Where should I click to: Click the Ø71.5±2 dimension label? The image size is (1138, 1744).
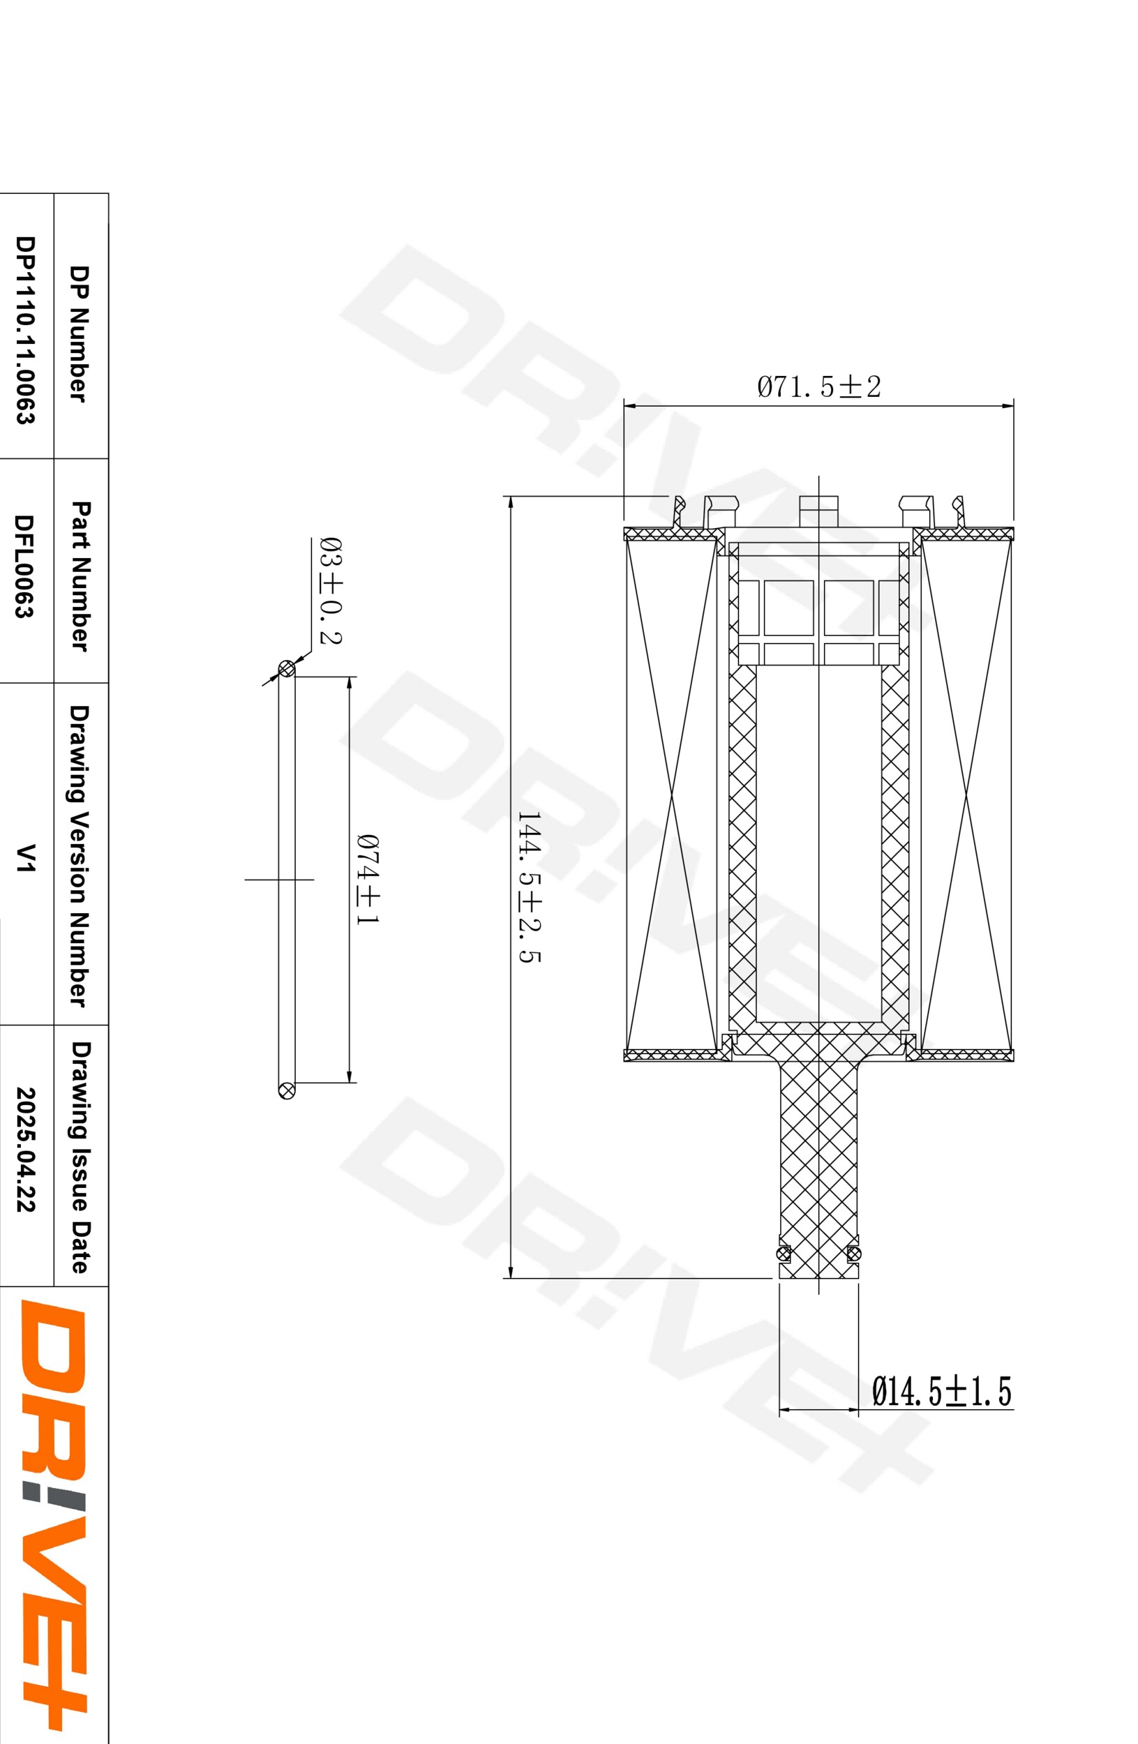tap(818, 386)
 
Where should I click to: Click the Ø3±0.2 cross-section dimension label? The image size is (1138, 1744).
tap(331, 590)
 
